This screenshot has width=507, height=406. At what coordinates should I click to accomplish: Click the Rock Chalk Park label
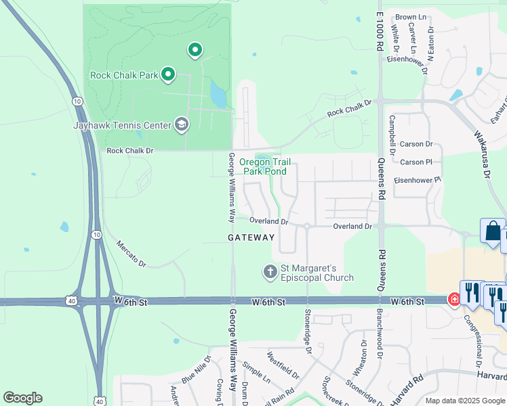[x=123, y=75]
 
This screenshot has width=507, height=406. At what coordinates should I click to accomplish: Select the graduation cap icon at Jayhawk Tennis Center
[x=181, y=124]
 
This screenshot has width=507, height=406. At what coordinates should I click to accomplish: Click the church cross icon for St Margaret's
[x=270, y=272]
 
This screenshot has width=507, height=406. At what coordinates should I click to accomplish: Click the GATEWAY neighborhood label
[x=251, y=238]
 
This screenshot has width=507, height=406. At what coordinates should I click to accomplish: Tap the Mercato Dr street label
[x=131, y=253]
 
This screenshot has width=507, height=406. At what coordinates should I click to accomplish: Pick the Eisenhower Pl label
[x=418, y=179]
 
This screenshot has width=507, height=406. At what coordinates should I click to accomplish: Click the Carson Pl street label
[x=416, y=162]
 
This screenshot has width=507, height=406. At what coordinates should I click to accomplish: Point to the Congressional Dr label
[x=476, y=340]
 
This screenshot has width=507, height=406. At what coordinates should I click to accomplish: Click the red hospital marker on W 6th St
[x=453, y=299]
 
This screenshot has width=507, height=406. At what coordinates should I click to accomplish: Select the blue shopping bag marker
[x=492, y=231]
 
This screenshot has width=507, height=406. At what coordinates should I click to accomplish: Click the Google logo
[x=22, y=398]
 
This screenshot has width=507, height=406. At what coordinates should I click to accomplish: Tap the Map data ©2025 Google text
[x=466, y=401]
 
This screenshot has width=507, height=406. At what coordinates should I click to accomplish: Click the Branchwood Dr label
[x=380, y=335]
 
